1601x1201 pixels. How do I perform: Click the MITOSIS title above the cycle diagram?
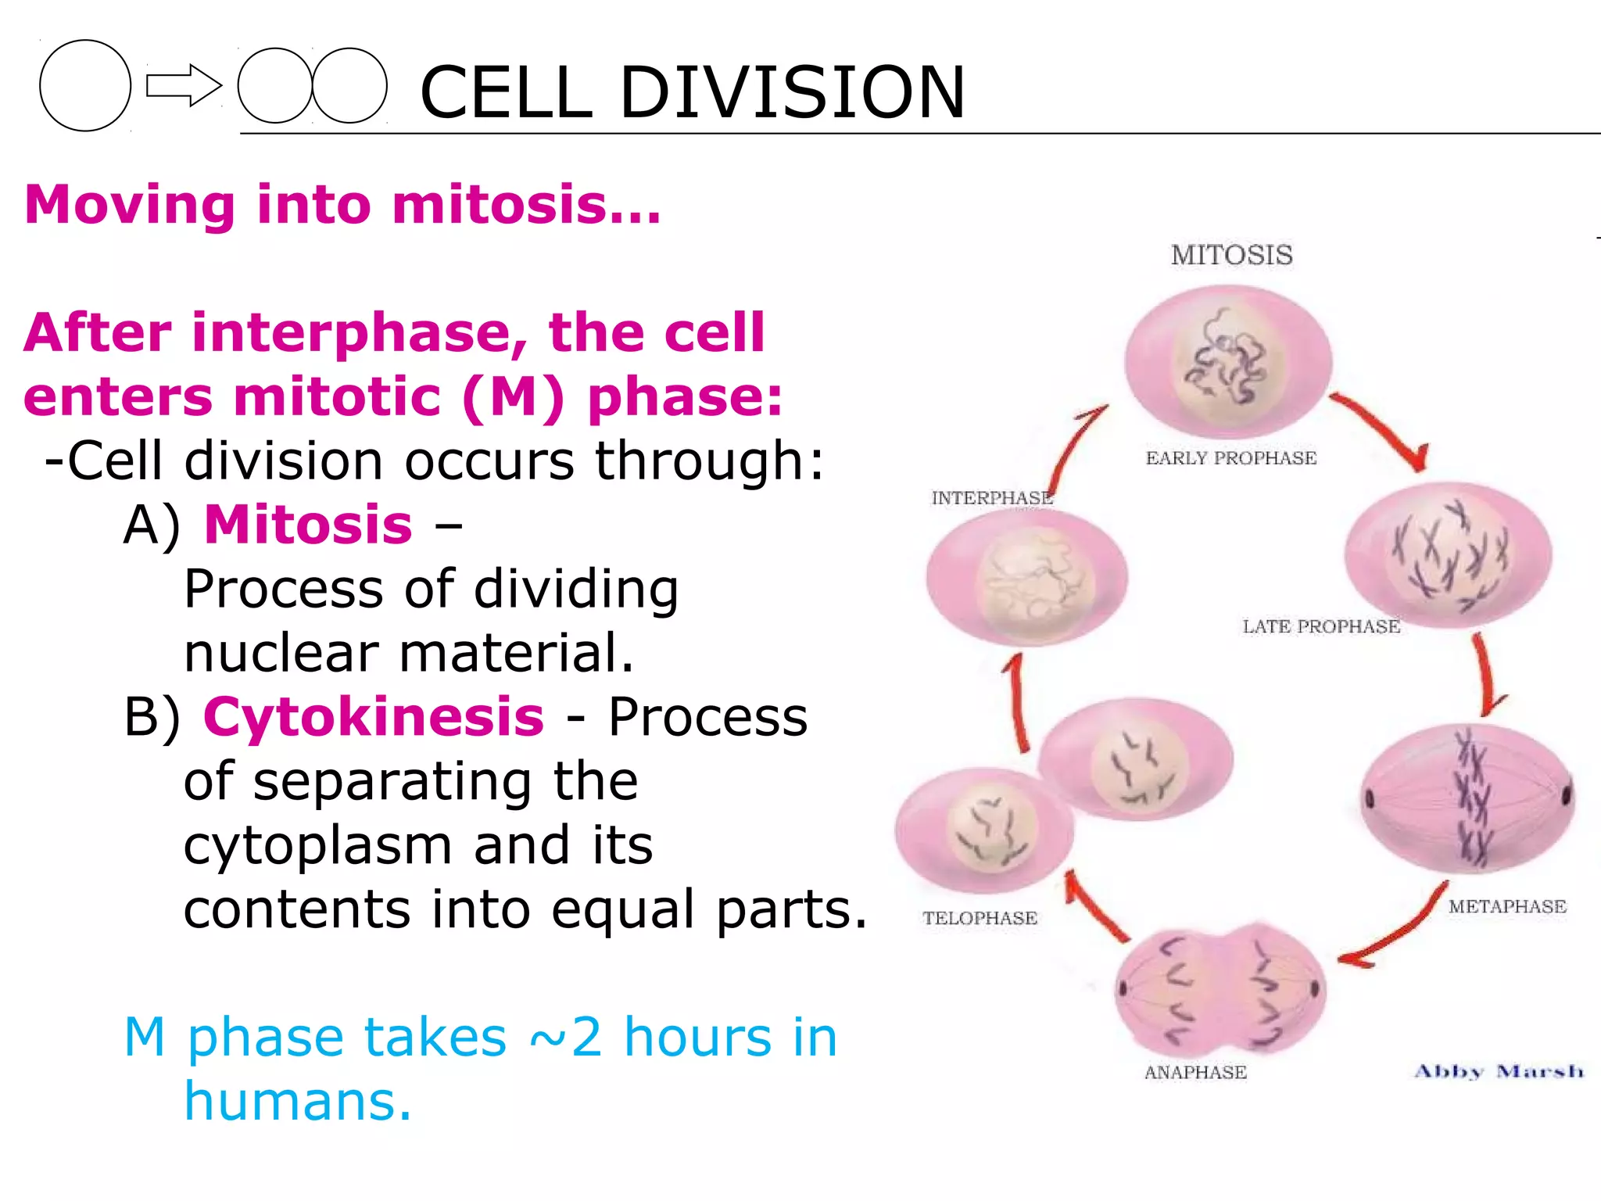click(x=1231, y=255)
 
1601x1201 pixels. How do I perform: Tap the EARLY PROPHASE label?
click(x=1231, y=458)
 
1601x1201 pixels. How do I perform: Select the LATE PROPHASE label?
click(x=1321, y=626)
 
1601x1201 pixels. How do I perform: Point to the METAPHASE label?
click(x=1507, y=906)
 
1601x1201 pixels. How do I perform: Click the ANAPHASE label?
click(x=1195, y=1072)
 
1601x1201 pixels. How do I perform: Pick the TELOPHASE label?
click(x=980, y=918)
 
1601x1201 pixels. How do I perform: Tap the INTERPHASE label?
click(x=991, y=498)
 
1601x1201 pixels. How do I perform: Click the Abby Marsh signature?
click(x=1499, y=1071)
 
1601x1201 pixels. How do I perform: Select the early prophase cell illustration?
click(x=1227, y=362)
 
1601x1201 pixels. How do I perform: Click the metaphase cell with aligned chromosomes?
click(x=1468, y=798)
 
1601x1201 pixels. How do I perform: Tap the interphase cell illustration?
click(x=1026, y=577)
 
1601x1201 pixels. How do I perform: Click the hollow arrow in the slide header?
click(x=184, y=86)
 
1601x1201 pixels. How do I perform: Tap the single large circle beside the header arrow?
click(x=85, y=86)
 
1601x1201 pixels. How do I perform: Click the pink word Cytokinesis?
click(x=374, y=716)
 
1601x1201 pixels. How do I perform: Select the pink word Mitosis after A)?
click(x=308, y=524)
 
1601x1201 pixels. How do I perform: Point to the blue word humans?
click(x=297, y=1101)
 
